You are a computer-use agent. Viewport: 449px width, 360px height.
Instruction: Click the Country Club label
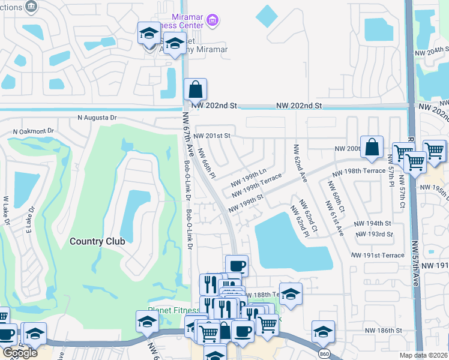pos(97,241)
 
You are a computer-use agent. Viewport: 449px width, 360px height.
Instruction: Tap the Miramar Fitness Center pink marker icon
pos(212,21)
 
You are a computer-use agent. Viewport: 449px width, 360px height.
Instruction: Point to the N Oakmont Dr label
pos(34,130)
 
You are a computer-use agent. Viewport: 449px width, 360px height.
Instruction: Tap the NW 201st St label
pos(212,136)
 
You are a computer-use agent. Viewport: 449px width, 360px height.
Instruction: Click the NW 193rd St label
pos(374,234)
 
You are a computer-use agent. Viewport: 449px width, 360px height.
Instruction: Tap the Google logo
pos(20,353)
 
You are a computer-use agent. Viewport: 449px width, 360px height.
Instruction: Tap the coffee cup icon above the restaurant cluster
pos(237,266)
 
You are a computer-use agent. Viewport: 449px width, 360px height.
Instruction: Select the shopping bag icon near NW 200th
pos(372,147)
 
